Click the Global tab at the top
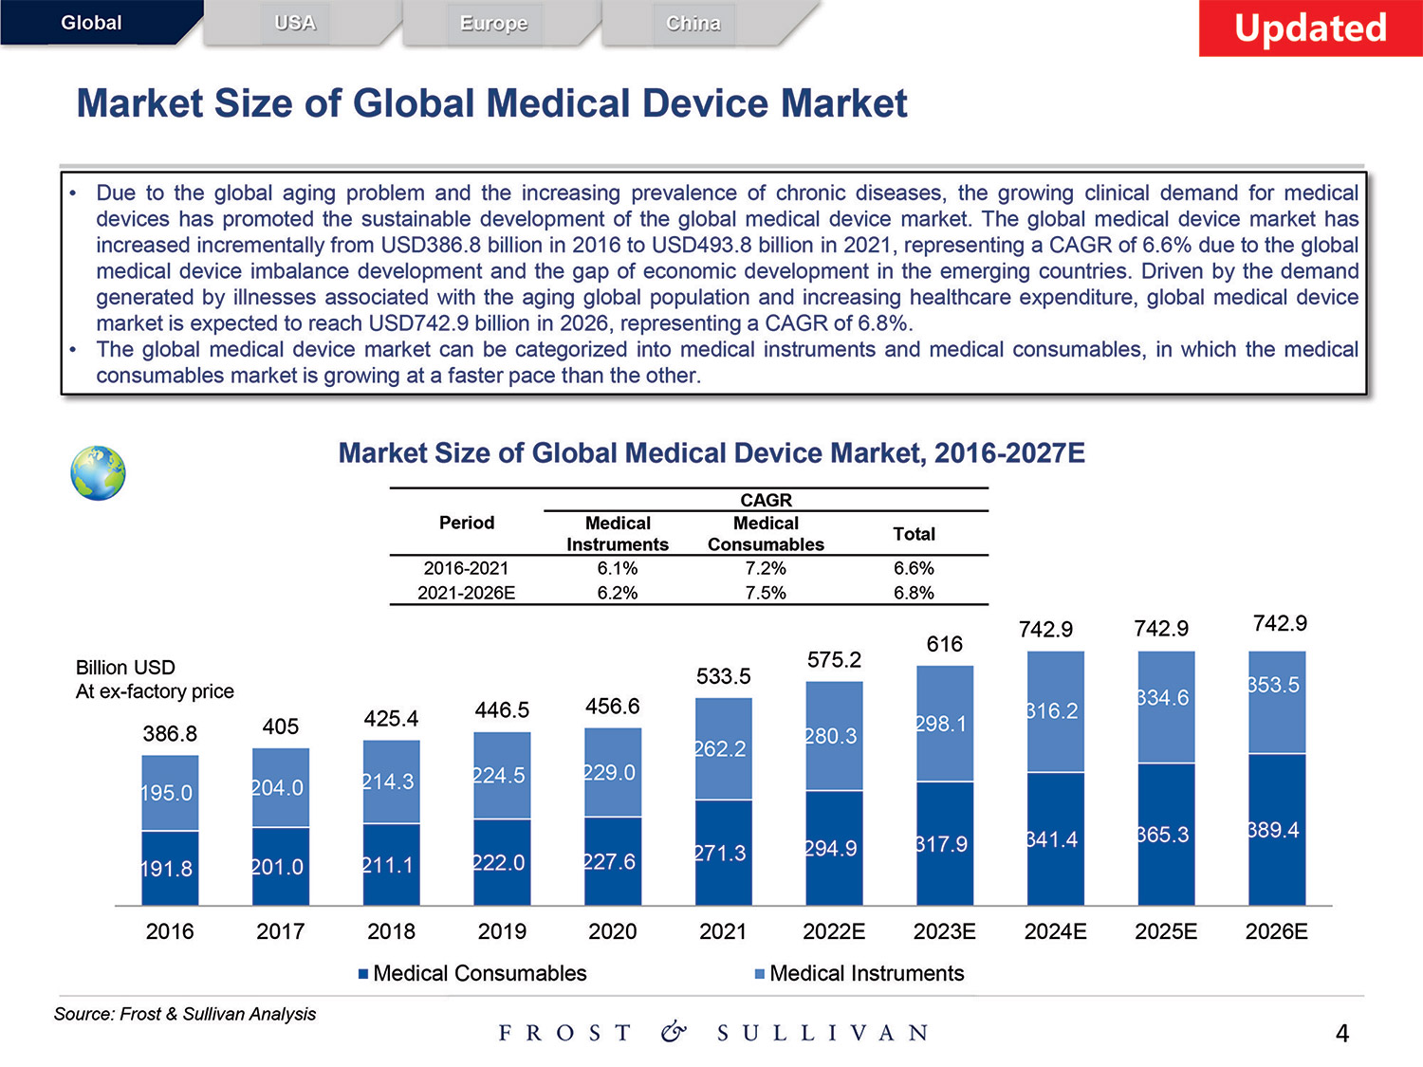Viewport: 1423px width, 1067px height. (92, 23)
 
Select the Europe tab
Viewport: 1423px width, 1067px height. (493, 23)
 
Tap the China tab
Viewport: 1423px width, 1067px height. (693, 23)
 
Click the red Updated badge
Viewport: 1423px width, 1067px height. (1310, 28)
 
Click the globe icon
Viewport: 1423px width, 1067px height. (98, 473)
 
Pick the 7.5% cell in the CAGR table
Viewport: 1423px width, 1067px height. (766, 593)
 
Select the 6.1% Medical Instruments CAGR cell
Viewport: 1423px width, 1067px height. (618, 568)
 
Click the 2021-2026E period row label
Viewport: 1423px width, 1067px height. (466, 593)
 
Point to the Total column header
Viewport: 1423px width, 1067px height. (914, 534)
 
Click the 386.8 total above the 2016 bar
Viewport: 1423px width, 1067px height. (170, 734)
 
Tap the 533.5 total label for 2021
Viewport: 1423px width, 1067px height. (723, 676)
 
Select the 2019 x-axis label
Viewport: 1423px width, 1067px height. (502, 931)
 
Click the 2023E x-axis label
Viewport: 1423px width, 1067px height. (944, 931)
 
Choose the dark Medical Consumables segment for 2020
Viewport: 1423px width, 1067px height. (613, 861)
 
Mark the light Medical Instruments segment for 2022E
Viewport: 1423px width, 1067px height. (834, 736)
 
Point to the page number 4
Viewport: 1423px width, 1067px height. (1341, 1033)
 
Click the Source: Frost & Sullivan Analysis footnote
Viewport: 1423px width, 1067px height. (185, 1014)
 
